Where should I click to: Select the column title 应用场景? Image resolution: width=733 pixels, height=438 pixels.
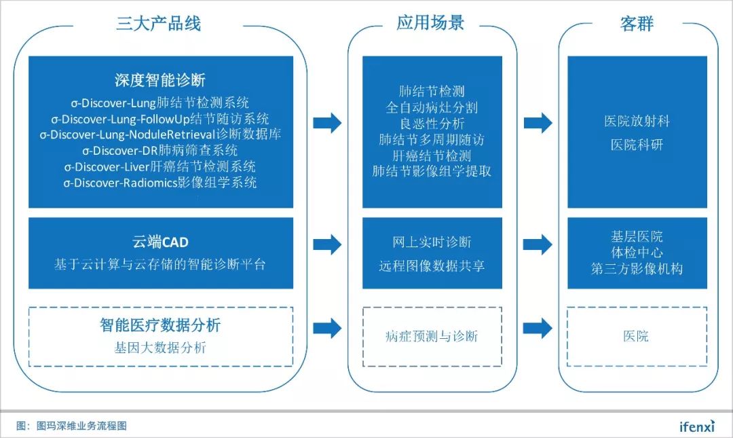430,23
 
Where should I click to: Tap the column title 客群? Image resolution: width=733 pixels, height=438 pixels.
636,24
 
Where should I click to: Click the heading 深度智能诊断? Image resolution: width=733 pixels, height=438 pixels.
160,80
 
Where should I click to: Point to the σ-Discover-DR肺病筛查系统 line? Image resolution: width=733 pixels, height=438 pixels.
160,150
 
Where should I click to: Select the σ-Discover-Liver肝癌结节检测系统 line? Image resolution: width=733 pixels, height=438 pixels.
160,166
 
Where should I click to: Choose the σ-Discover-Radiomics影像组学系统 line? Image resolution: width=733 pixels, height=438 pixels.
160,183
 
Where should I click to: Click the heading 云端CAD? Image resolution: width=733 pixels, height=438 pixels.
160,242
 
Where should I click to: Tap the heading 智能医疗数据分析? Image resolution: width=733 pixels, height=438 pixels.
160,325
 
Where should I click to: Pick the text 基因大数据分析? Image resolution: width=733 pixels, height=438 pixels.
160,348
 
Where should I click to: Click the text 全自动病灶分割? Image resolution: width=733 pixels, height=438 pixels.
432,107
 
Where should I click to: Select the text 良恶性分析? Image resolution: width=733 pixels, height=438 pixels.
432,124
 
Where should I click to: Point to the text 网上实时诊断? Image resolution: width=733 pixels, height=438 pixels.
432,242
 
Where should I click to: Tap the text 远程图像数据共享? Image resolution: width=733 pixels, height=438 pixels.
432,266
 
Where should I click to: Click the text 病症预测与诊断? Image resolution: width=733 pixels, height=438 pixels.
432,336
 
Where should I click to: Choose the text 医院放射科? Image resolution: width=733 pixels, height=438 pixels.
637,122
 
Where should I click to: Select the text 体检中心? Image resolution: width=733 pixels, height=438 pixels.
637,253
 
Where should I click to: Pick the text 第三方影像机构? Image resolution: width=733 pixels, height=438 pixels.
637,268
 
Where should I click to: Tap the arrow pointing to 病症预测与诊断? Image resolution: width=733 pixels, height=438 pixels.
327,327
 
